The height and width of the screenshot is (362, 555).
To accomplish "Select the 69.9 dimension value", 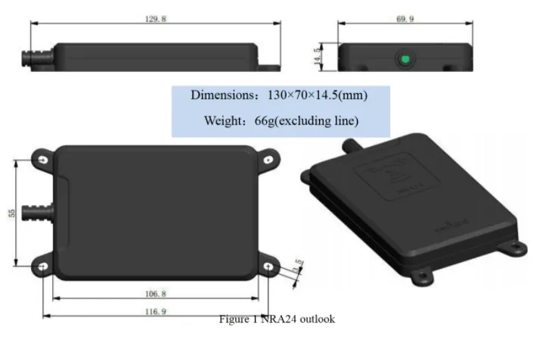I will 405,20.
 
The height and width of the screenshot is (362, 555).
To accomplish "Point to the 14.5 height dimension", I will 318,55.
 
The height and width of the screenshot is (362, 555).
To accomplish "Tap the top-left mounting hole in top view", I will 42,160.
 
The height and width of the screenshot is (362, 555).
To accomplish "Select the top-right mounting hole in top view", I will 268,160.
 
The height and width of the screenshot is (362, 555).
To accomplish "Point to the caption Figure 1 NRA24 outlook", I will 277,319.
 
